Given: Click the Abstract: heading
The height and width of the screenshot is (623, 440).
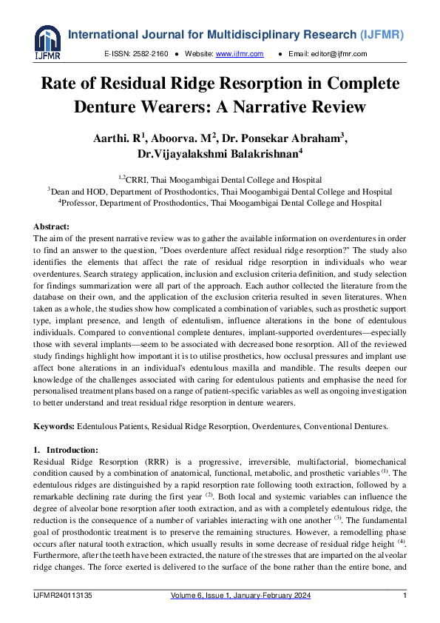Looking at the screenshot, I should pos(52,226).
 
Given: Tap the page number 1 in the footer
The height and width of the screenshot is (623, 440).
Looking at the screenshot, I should pos(405,596).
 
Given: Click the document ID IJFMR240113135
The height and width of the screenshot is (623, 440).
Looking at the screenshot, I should pos(62,596).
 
